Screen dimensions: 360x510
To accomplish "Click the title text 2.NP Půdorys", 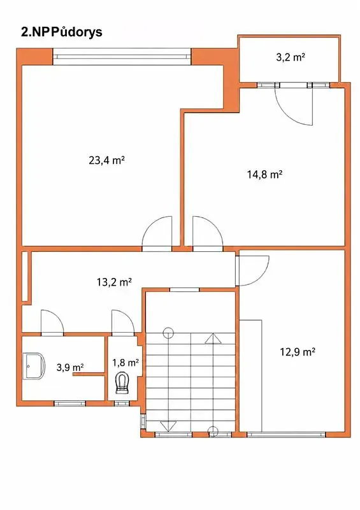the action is click(x=61, y=33).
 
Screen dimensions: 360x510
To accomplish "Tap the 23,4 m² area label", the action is click(x=107, y=160).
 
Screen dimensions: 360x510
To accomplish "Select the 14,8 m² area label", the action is click(x=264, y=175).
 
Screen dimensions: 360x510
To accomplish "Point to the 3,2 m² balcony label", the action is click(x=290, y=57).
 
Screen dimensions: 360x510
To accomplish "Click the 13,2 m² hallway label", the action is click(x=114, y=282).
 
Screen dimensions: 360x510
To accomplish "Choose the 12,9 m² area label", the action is click(x=298, y=352).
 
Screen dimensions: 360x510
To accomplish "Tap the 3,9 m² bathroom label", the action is click(x=70, y=368).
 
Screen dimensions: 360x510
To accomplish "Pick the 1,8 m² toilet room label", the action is click(x=126, y=362).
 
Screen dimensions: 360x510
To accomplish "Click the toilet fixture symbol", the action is click(x=122, y=384).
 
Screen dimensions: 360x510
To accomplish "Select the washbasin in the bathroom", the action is click(x=34, y=365).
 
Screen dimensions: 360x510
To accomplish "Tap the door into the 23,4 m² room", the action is click(x=157, y=234).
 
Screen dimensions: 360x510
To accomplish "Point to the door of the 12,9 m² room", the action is click(x=254, y=270).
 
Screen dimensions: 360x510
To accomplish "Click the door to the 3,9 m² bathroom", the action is click(x=52, y=323).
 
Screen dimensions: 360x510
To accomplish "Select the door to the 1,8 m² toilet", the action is click(x=122, y=323).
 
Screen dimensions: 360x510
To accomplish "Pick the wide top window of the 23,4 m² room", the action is click(x=122, y=57).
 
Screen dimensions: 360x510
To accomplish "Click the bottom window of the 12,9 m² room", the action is click(x=286, y=434).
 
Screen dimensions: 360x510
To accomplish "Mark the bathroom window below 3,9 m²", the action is click(x=69, y=404).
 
